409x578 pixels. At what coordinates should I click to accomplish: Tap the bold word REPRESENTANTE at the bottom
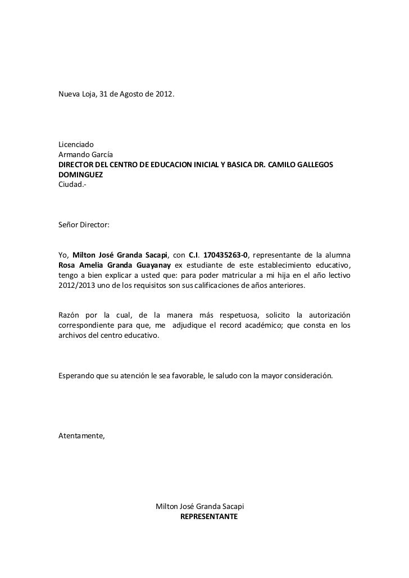coord(208,516)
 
